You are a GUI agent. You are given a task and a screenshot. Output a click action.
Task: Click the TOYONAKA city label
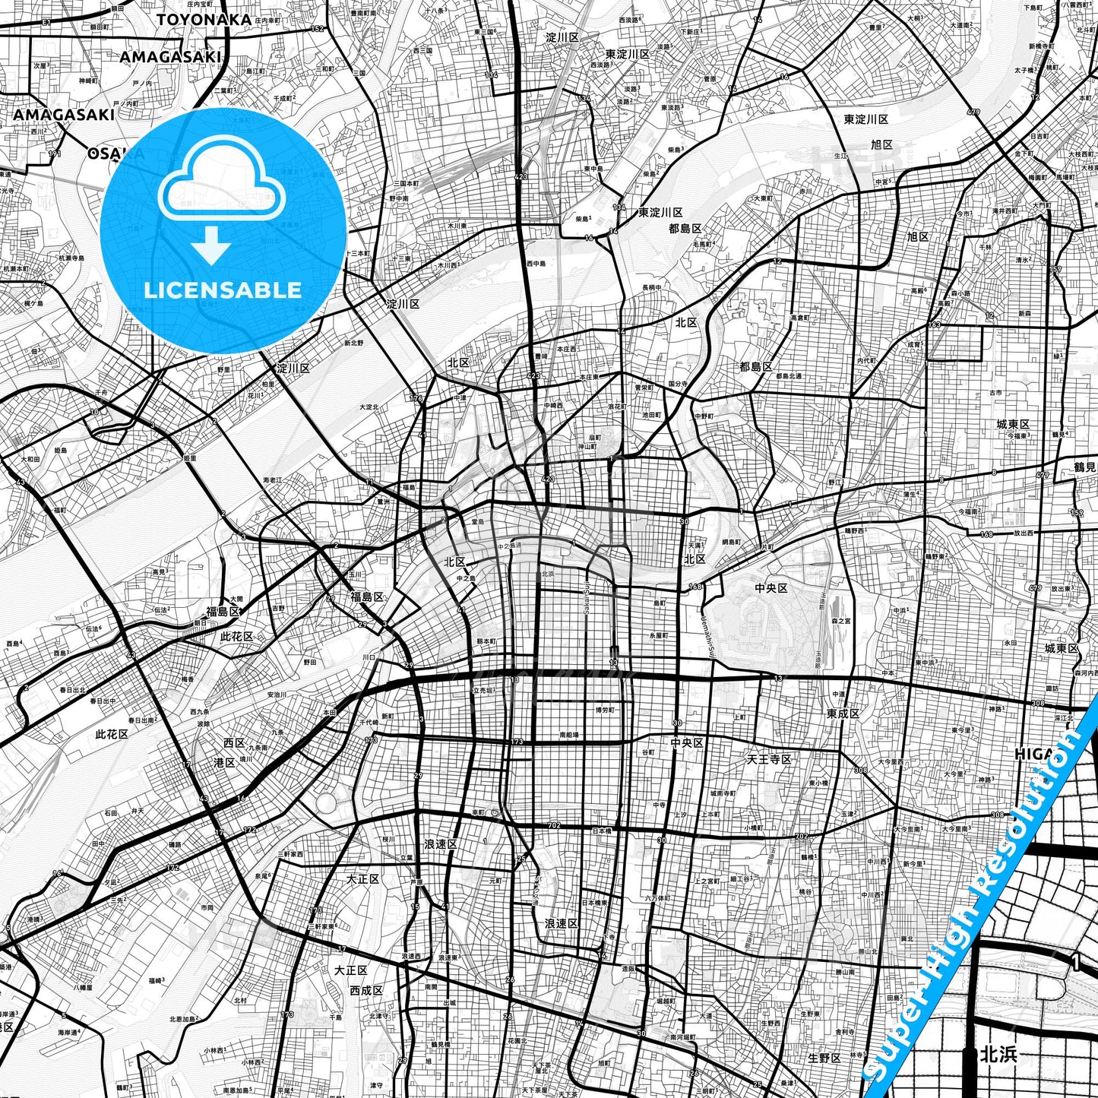pyautogui.click(x=204, y=19)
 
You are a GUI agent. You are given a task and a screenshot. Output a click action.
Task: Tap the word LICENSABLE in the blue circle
pyautogui.click(x=223, y=290)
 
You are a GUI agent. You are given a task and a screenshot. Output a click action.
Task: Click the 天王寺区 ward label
pyautogui.click(x=769, y=759)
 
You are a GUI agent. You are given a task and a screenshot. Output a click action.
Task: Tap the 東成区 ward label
pyautogui.click(x=843, y=714)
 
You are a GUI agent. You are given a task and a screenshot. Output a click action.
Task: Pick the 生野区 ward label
pyautogui.click(x=824, y=1058)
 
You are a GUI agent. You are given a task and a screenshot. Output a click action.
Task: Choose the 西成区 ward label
pyautogui.click(x=366, y=990)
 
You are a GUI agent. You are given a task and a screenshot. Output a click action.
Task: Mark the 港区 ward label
pyautogui.click(x=224, y=762)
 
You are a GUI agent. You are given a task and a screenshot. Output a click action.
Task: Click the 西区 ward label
pyautogui.click(x=233, y=742)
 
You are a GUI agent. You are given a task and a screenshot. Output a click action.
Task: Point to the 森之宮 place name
pyautogui.click(x=840, y=621)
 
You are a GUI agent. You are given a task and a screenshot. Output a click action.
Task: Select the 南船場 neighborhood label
pyautogui.click(x=568, y=736)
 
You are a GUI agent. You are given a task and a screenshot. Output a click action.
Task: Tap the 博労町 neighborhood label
pyautogui.click(x=605, y=710)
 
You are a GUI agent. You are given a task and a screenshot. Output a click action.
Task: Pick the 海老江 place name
pyautogui.click(x=272, y=480)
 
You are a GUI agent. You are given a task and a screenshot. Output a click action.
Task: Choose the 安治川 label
pyautogui.click(x=277, y=695)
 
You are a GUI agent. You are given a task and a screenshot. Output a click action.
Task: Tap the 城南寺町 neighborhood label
pyautogui.click(x=723, y=793)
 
